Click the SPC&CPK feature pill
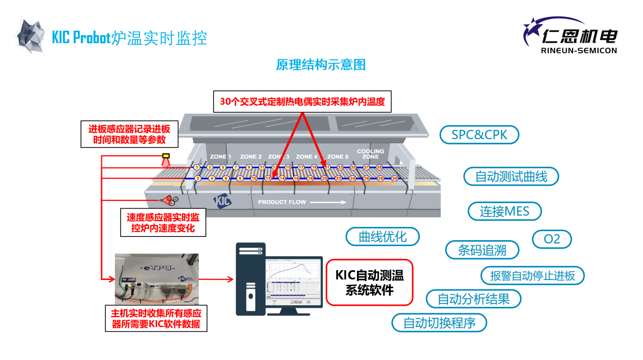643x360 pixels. pyautogui.click(x=479, y=135)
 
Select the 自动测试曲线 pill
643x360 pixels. pyautogui.click(x=511, y=176)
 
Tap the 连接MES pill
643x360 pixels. pyautogui.click(x=505, y=211)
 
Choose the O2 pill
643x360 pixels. pyautogui.click(x=552, y=239)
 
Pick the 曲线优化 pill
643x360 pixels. pyautogui.click(x=382, y=237)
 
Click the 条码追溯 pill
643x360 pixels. pyautogui.click(x=482, y=250)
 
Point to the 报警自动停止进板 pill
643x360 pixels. pyautogui.click(x=532, y=276)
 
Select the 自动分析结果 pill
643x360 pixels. pyautogui.click(x=473, y=299)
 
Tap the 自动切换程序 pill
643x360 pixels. pyautogui.click(x=439, y=323)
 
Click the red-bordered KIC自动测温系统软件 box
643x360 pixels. pyautogui.click(x=369, y=283)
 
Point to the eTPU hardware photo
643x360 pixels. pyautogui.click(x=157, y=279)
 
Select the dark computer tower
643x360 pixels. pyautogui.click(x=251, y=279)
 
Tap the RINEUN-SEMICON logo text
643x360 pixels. pyautogui.click(x=579, y=50)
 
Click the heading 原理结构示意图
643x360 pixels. pyautogui.click(x=321, y=65)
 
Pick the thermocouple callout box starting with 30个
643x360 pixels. pyautogui.click(x=302, y=101)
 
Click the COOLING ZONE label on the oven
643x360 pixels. pyautogui.click(x=370, y=154)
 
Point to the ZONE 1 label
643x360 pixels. pyautogui.click(x=220, y=157)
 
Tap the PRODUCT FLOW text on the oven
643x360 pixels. pyautogui.click(x=282, y=202)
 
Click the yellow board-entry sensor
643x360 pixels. pyautogui.click(x=166, y=156)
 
